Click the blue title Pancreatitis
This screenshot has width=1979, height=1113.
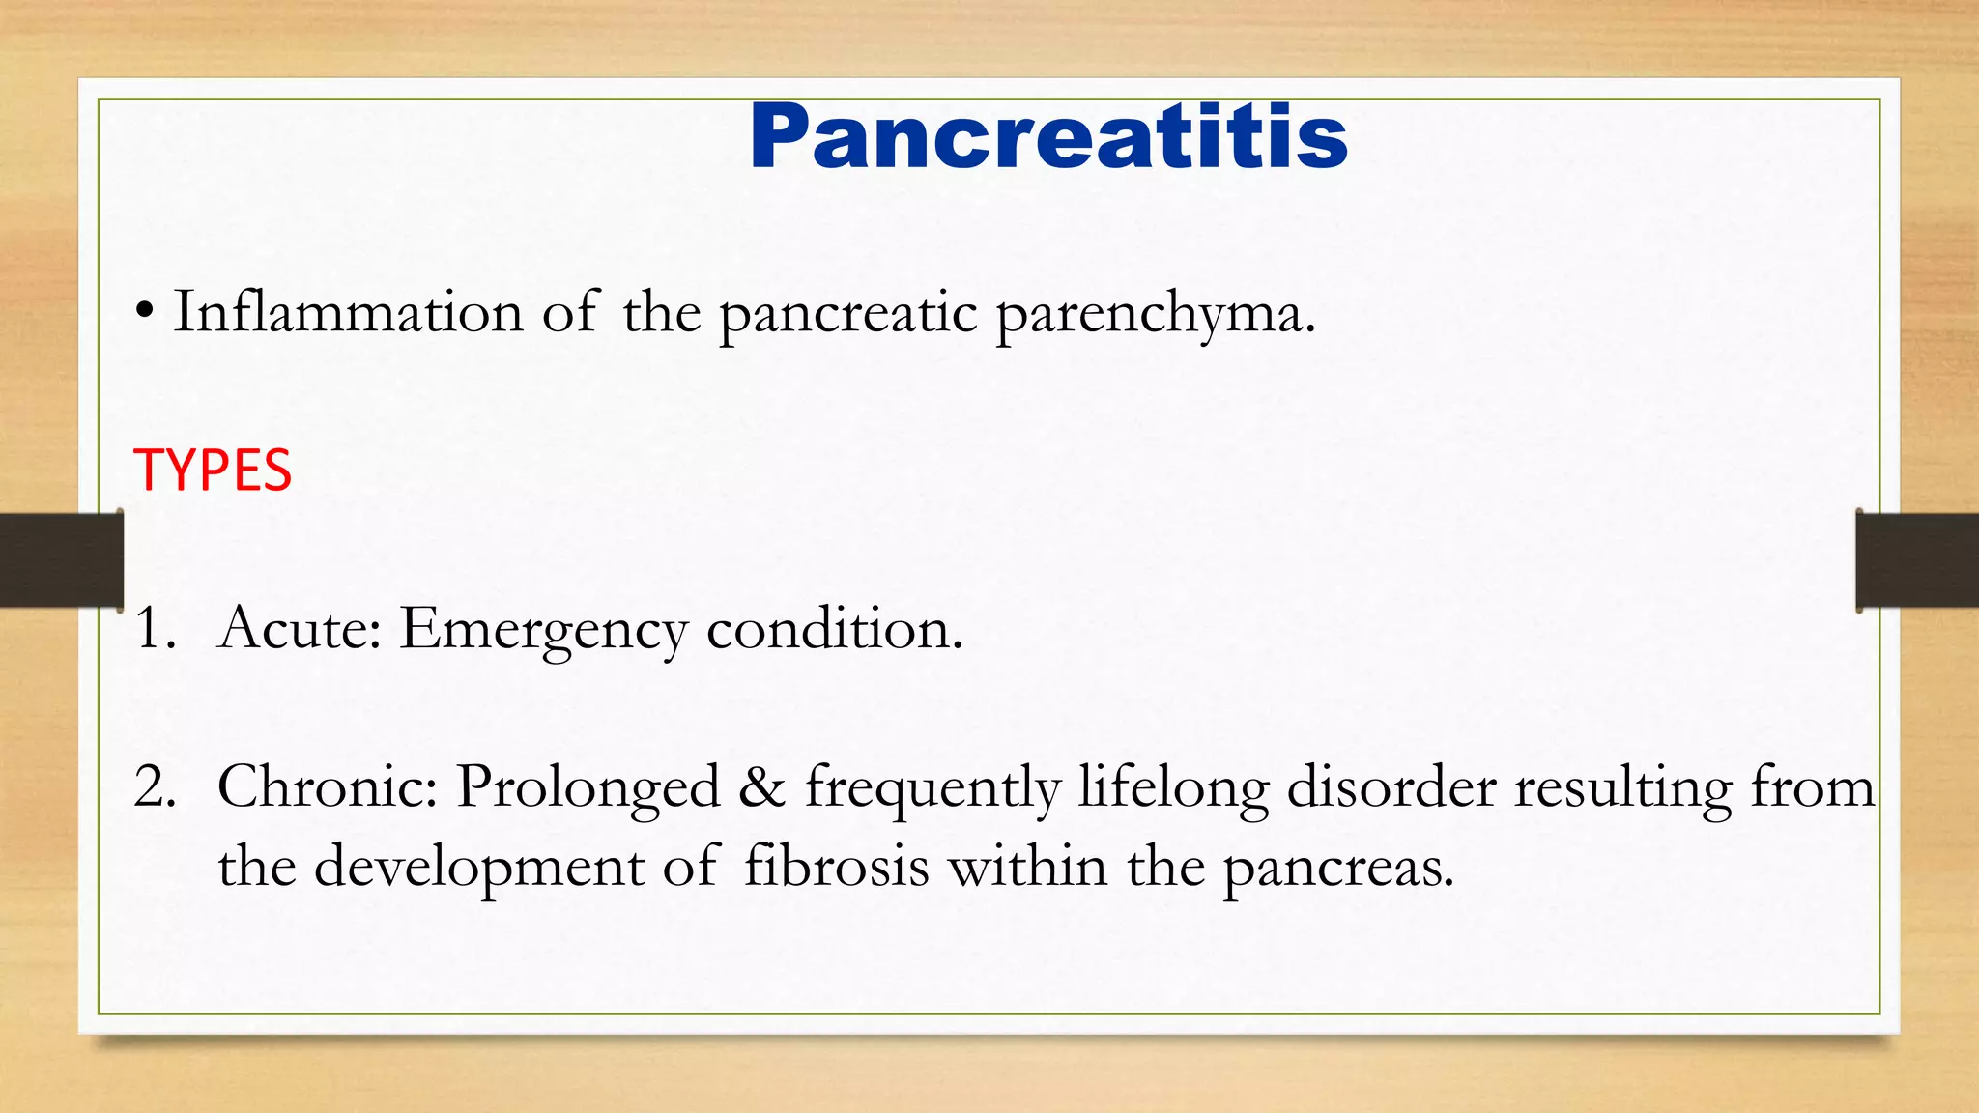(1048, 137)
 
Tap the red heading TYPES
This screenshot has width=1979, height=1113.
(213, 471)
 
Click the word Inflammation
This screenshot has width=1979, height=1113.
(348, 313)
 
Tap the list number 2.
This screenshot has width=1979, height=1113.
(155, 786)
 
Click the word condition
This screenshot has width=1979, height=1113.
(835, 629)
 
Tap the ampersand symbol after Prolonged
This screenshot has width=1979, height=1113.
(762, 787)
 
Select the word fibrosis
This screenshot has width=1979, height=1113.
(836, 866)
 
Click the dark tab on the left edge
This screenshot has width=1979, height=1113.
(61, 560)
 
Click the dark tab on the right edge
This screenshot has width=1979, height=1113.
(1917, 560)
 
